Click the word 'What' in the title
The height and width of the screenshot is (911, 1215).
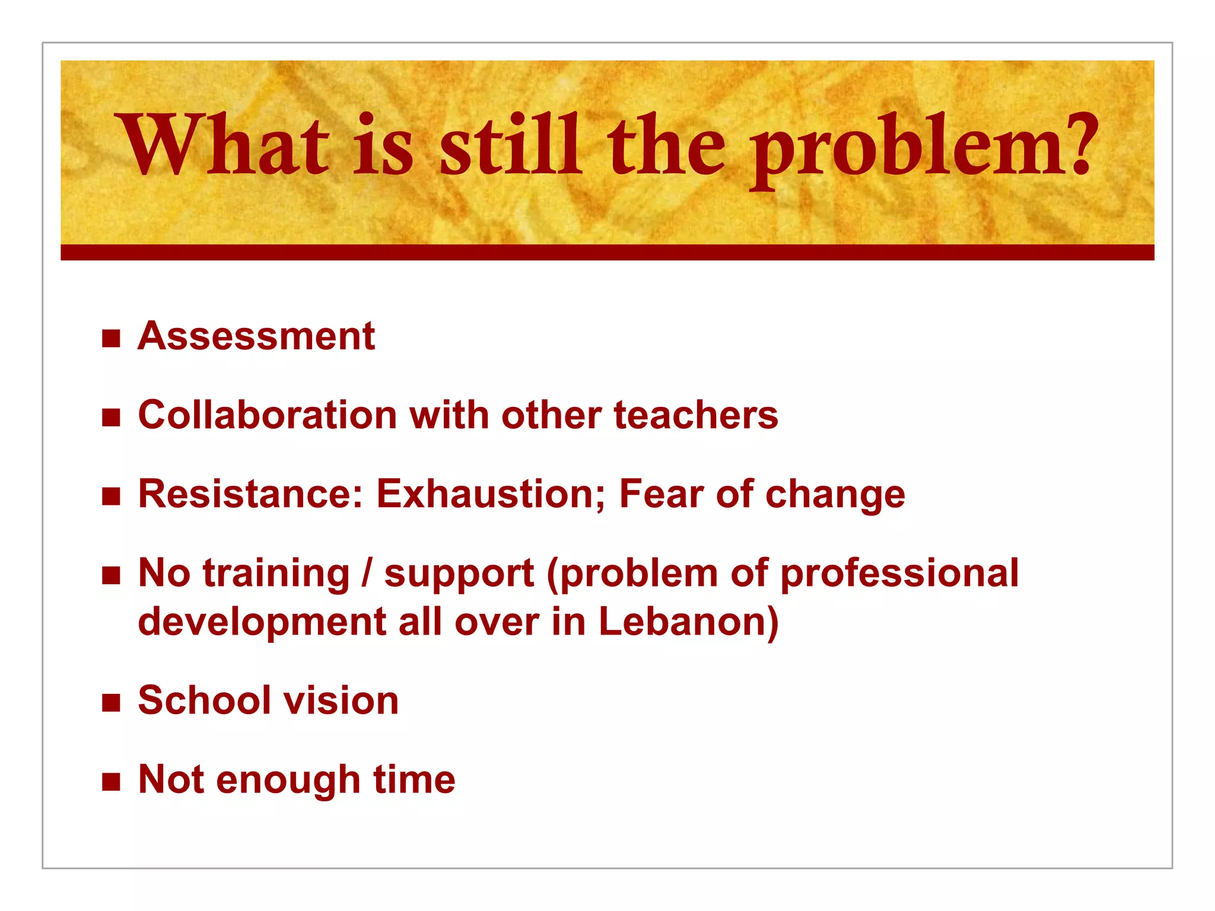224,145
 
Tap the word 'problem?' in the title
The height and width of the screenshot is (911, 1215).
921,148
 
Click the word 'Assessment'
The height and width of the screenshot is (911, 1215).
256,336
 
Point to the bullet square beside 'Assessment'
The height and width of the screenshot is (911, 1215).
111,339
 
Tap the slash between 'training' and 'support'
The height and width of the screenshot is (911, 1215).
367,574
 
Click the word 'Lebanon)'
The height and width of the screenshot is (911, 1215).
688,622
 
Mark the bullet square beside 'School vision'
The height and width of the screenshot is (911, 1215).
111,703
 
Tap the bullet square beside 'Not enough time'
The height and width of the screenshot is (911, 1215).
111,782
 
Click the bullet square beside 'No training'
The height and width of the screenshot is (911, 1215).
111,575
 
